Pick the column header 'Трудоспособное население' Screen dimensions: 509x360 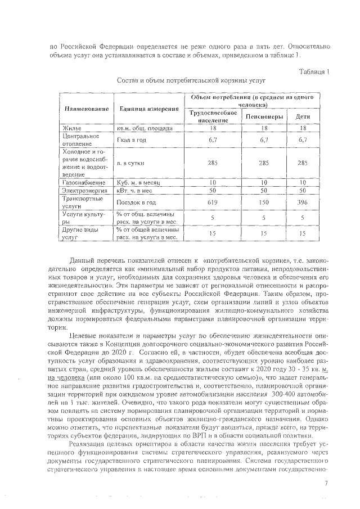tap(211, 117)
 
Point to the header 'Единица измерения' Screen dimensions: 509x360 tap(146, 109)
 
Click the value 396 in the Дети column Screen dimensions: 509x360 tap(303, 201)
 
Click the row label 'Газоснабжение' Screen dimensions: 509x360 tap(83, 183)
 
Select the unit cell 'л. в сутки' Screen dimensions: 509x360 tap(132, 163)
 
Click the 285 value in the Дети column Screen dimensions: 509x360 tap(303, 163)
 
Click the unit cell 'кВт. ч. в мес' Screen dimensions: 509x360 tap(138, 191)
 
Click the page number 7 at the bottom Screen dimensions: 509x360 tap(326, 483)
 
